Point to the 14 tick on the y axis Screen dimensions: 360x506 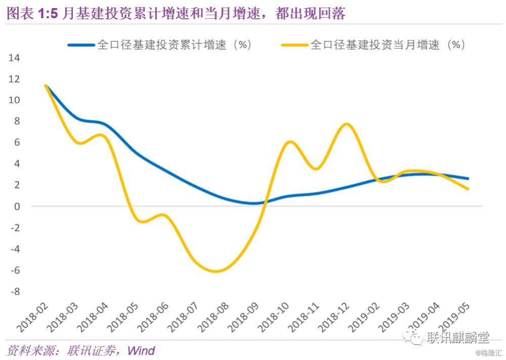[x=14, y=58]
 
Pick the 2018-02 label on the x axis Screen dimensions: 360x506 [x=34, y=316]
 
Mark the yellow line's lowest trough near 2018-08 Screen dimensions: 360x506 [x=217, y=271]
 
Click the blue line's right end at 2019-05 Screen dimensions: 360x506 [x=468, y=178]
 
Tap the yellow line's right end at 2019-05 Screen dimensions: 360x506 [x=468, y=189]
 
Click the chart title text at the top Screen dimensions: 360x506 [x=176, y=13]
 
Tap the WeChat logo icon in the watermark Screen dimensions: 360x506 [x=416, y=337]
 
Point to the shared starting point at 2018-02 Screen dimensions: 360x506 [x=46, y=86]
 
